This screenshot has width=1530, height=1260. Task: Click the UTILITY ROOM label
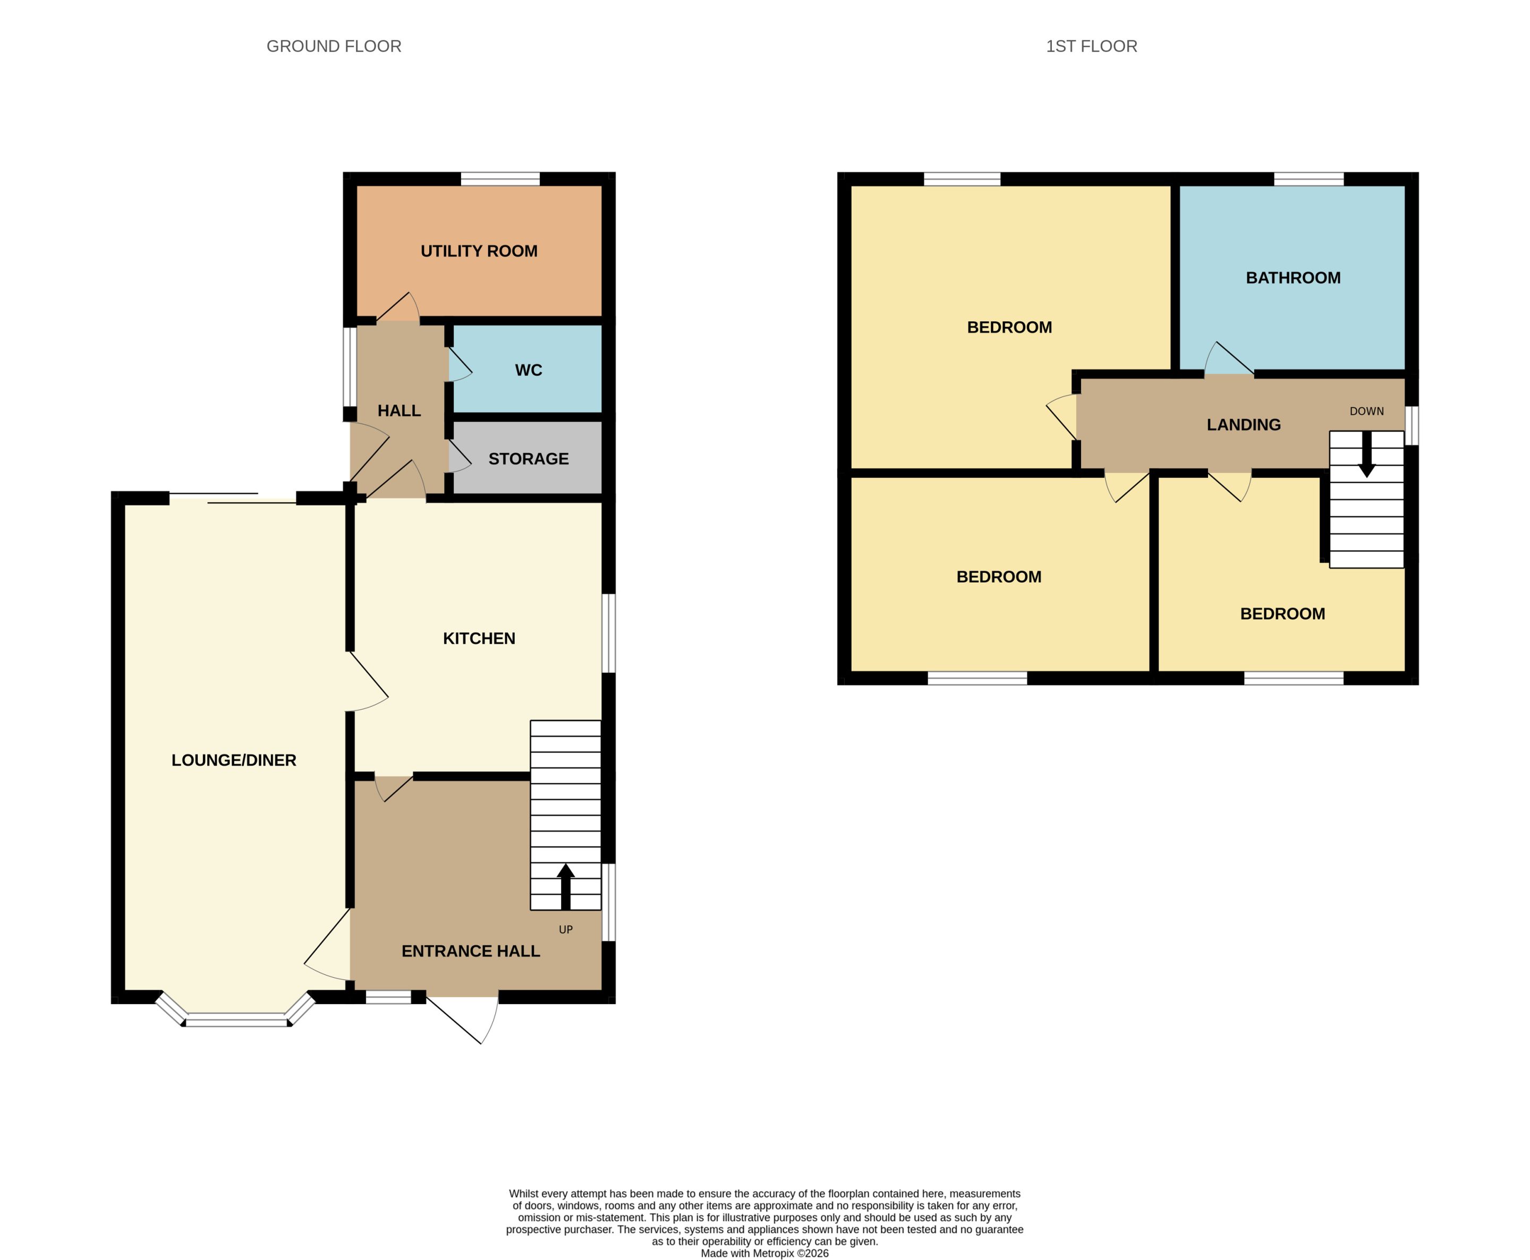pos(479,251)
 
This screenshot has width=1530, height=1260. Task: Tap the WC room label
pos(529,370)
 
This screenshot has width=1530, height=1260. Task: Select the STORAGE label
pos(529,459)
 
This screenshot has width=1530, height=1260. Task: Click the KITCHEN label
pos(479,638)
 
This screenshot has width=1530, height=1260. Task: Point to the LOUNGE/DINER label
pos(234,760)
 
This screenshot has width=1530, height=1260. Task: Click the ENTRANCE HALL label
pos(471,951)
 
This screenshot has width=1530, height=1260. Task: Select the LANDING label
pos(1244,425)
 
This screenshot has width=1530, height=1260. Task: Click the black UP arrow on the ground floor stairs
pos(566,886)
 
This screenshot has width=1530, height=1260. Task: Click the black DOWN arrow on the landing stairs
pos(1366,455)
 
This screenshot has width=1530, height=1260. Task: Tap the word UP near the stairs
pos(566,930)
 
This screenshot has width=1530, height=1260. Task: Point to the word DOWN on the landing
pos(1366,411)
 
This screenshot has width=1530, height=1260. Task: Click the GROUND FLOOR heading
pos(334,46)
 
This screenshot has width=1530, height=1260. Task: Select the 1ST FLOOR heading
pos(1091,46)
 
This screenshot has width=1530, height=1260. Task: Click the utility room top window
pos(500,179)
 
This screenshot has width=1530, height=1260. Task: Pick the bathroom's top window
pos(1308,179)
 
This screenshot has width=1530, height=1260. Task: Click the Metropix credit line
pos(764,1254)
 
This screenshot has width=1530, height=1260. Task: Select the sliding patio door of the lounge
pos(232,498)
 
